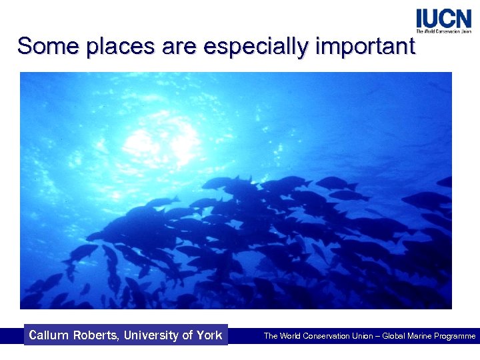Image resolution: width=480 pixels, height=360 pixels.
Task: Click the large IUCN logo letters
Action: point(443,18)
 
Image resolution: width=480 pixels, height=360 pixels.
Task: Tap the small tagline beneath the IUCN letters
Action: point(443,31)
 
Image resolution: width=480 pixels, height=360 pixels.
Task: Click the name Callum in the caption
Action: point(49,335)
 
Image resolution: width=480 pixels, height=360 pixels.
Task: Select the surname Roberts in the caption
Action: point(97,335)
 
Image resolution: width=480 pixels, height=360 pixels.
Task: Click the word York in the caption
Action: point(209,335)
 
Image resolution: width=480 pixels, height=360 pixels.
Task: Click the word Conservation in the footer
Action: point(327,336)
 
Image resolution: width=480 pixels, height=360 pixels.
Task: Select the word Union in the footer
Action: point(363,336)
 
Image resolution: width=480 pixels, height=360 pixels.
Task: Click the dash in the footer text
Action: point(379,336)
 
